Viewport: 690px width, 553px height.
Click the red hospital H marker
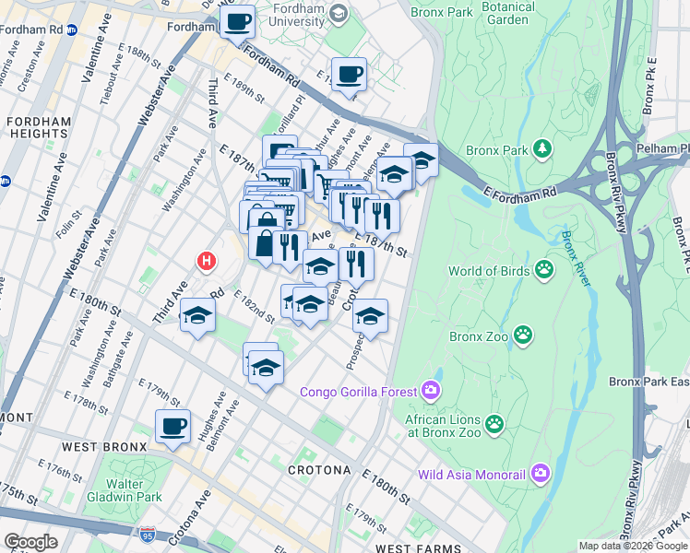pyautogui.click(x=207, y=262)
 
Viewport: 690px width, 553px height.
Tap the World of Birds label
pyautogui.click(x=490, y=271)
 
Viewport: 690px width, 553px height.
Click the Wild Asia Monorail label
pyautogui.click(x=470, y=476)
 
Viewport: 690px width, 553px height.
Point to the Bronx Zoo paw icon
pyautogui.click(x=523, y=334)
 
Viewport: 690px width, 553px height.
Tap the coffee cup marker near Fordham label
pyautogui.click(x=239, y=20)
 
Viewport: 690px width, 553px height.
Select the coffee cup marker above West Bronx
pyautogui.click(x=172, y=426)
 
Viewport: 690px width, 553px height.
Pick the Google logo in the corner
pyautogui.click(x=30, y=542)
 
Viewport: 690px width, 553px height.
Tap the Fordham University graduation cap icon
pyautogui.click(x=339, y=13)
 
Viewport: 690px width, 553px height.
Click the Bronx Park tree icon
pyautogui.click(x=543, y=147)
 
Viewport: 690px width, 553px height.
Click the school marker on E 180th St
pyautogui.click(x=197, y=316)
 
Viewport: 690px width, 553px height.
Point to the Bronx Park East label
pyautogui.click(x=648, y=381)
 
